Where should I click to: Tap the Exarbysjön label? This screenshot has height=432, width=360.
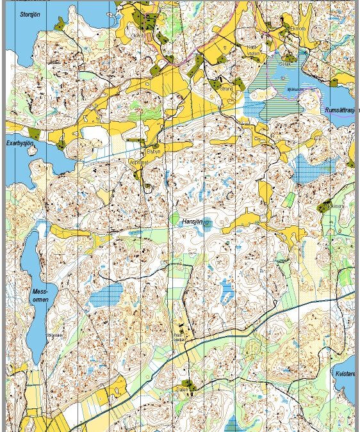point(19,143)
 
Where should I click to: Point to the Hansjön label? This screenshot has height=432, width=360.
point(192,221)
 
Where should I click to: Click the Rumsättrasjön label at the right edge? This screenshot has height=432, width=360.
point(341,109)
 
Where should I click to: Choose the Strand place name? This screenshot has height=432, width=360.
point(225,90)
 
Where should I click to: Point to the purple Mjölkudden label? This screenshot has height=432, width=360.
point(295,89)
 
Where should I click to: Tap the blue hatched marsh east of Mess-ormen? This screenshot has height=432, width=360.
point(106,295)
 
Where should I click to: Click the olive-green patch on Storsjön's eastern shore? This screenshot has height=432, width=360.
point(60,24)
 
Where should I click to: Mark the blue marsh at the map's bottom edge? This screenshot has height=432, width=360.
point(234,424)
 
